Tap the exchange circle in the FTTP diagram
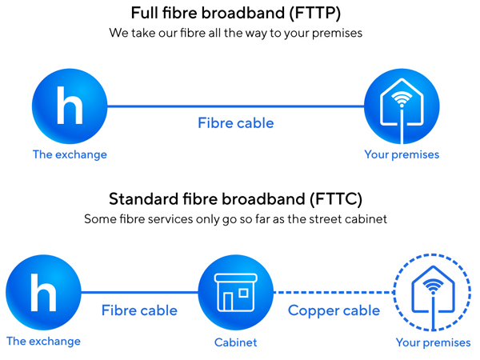point(70,106)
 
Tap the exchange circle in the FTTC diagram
point(43,291)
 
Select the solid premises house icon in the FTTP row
point(402,107)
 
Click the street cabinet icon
point(236,291)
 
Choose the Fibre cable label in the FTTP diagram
point(236,123)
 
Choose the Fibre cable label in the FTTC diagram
point(139,310)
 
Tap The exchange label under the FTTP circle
point(70,154)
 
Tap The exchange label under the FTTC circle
point(43,342)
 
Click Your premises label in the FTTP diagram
point(402,154)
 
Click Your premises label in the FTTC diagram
point(433,343)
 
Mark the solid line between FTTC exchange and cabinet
point(140,292)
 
